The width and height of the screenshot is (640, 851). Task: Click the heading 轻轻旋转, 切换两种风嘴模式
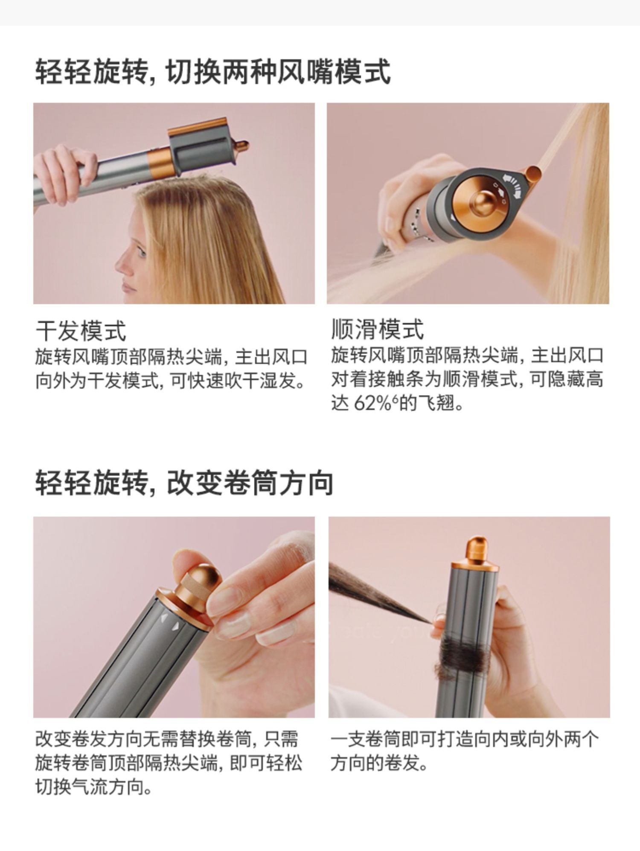tap(212, 72)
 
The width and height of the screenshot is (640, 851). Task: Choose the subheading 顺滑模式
tap(378, 329)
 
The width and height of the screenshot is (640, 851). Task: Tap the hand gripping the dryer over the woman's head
tap(64, 173)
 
